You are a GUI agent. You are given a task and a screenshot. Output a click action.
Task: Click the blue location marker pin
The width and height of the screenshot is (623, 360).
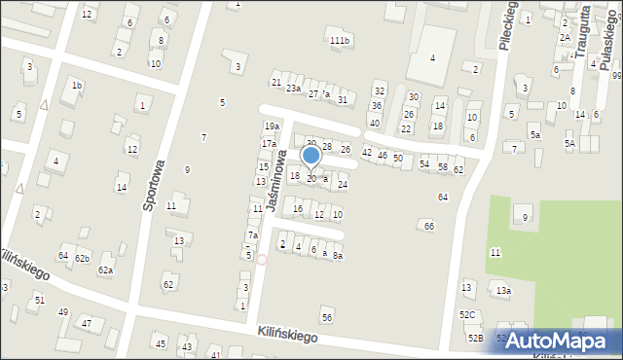tap(311, 157)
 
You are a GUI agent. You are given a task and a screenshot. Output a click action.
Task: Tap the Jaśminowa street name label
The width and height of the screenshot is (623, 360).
tap(278, 182)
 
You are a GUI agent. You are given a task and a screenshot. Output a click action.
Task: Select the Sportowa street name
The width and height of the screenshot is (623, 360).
tap(152, 189)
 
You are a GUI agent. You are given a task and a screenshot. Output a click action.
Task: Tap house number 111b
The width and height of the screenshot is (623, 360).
tap(339, 40)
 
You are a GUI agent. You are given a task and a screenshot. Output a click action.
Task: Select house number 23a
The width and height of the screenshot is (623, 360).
tap(293, 88)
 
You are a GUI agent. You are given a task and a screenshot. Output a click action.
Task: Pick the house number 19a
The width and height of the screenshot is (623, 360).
tap(272, 126)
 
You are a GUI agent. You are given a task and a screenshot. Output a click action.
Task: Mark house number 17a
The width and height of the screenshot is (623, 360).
tap(268, 144)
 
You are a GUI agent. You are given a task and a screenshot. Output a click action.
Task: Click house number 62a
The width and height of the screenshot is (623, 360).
tap(104, 270)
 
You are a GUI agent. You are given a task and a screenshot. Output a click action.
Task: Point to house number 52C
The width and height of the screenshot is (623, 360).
tap(468, 314)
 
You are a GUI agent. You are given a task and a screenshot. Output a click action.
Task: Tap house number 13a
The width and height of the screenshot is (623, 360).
tap(502, 290)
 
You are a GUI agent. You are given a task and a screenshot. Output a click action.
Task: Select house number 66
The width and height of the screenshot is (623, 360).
tap(428, 226)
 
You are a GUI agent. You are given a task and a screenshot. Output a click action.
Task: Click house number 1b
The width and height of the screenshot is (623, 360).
tap(76, 86)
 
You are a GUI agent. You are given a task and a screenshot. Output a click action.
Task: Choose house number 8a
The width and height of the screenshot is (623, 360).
tap(338, 255)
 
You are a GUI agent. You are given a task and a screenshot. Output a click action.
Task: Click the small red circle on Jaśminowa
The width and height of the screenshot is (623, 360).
tap(261, 259)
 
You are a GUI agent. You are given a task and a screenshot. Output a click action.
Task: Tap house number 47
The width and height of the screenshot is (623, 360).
tap(87, 322)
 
